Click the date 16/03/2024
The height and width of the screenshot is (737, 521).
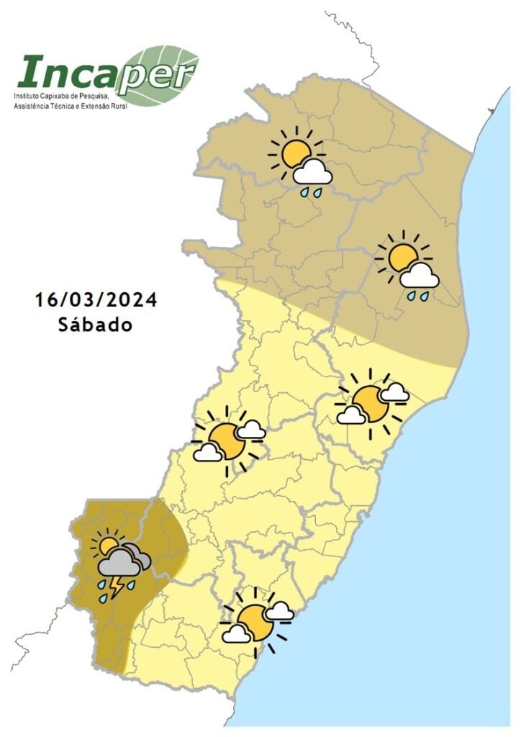coord(96,299)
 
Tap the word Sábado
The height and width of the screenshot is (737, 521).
coord(96,324)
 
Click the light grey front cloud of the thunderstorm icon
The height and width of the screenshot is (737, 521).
coord(119,563)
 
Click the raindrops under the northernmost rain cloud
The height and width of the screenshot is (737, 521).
coord(311,192)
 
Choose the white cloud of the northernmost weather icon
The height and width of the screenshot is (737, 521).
coord(314,173)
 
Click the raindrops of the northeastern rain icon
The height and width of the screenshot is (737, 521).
coord(417,295)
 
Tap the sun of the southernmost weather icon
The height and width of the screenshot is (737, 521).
coord(255,621)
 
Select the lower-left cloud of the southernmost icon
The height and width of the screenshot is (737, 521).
coord(236,634)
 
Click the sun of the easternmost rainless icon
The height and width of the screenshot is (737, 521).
coord(371,403)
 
